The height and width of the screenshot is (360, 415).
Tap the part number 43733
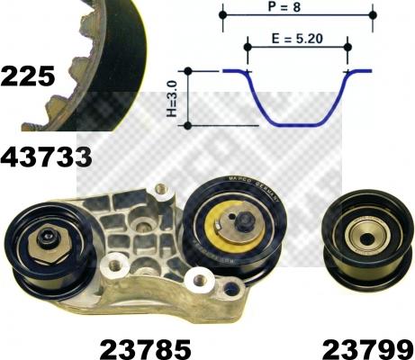click(46, 157)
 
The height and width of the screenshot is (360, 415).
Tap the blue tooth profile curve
click(297, 112)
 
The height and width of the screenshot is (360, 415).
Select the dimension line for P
click(297, 15)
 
